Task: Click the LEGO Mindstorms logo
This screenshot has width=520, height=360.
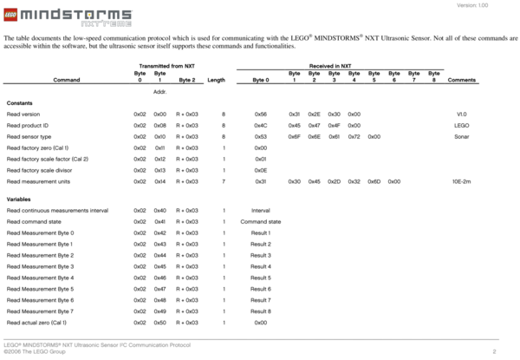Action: (x=67, y=16)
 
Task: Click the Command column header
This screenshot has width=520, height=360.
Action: (x=67, y=80)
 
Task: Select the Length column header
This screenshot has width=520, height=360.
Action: (x=216, y=80)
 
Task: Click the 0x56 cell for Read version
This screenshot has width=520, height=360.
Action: (x=261, y=114)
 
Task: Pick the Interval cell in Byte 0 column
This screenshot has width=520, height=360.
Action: (x=261, y=211)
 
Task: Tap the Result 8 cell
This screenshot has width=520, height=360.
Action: (x=261, y=311)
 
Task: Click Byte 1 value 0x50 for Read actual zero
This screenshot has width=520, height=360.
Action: (x=160, y=322)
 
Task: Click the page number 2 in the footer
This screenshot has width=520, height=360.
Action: (x=493, y=351)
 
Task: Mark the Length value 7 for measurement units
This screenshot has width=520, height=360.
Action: (x=224, y=181)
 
